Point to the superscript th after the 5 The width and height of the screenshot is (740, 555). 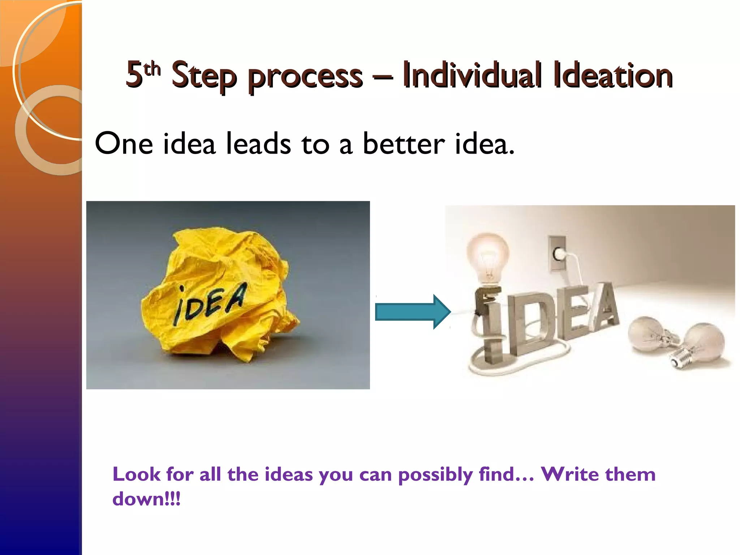point(152,69)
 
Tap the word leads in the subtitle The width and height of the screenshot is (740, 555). point(258,143)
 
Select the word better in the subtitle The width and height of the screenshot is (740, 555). point(403,143)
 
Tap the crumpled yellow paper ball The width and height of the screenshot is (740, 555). point(220,296)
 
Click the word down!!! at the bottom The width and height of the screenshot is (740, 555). point(146,499)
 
